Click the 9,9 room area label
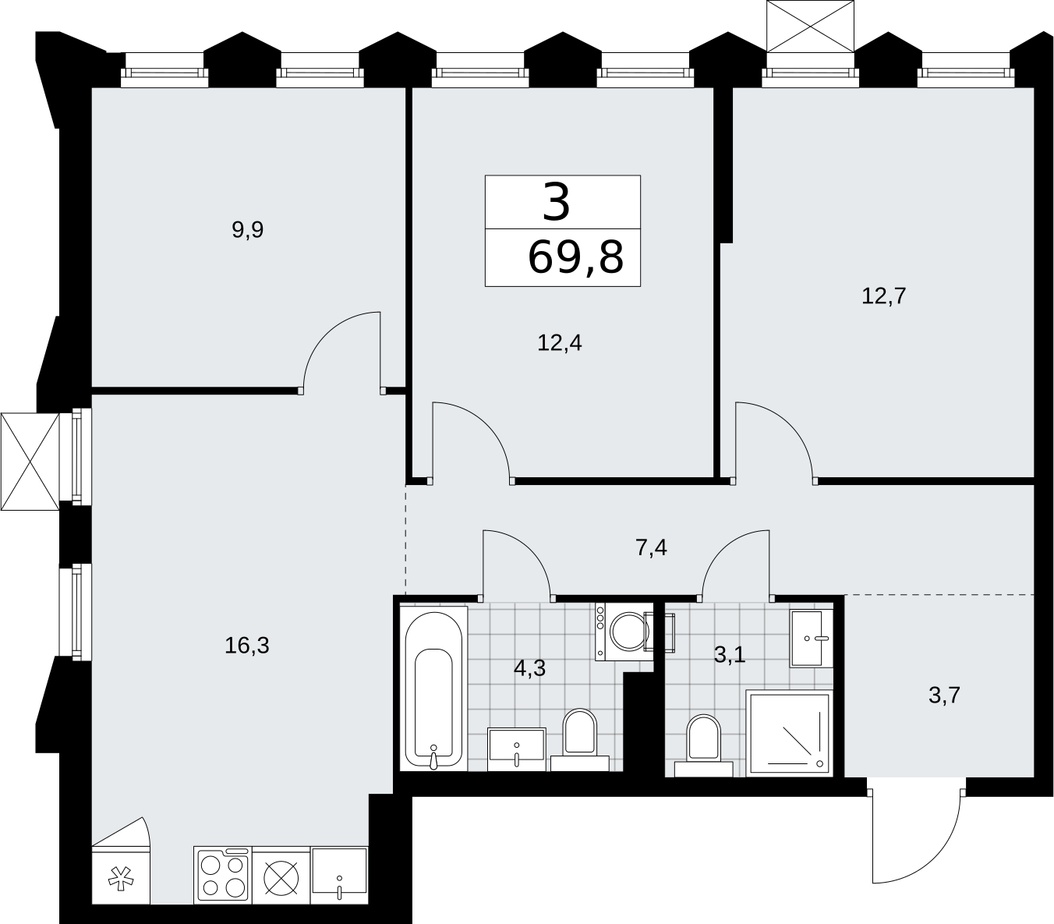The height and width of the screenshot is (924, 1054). [248, 229]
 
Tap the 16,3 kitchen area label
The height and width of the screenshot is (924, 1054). [247, 646]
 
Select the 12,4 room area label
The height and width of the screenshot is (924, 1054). [559, 343]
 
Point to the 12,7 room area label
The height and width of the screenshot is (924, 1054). [884, 296]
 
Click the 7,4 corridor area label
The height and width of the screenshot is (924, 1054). [651, 548]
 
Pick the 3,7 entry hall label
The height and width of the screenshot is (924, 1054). [944, 695]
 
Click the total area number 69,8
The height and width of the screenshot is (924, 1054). [575, 257]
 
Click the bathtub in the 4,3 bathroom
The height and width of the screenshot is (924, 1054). [433, 689]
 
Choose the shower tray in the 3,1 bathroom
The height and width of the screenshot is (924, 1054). [789, 734]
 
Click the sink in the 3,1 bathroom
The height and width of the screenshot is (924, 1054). [811, 639]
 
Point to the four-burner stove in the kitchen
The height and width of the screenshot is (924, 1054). [223, 876]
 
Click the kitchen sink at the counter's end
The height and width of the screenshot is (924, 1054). [339, 876]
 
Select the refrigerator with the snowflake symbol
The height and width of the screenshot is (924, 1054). [121, 876]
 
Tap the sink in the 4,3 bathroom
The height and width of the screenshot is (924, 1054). [517, 749]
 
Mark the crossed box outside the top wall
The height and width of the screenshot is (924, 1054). [811, 27]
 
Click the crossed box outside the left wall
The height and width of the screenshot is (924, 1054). [30, 462]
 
